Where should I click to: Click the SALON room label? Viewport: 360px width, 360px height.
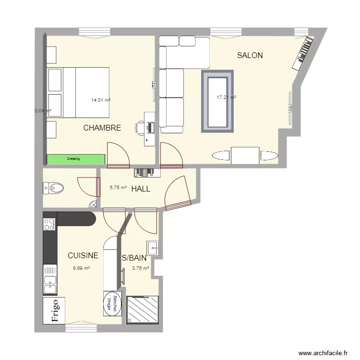(250, 56)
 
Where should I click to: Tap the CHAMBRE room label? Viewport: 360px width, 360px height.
(102, 128)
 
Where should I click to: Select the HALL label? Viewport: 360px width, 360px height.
(141, 189)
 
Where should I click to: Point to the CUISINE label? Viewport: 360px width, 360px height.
(83, 256)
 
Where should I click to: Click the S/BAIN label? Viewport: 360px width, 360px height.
(134, 258)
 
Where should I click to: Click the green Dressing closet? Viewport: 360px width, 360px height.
(75, 159)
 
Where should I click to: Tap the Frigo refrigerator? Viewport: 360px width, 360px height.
(54, 311)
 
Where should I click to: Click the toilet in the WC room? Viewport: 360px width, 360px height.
(53, 188)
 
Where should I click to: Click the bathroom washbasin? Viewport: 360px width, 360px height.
(154, 248)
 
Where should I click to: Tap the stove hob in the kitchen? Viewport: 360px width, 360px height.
(49, 223)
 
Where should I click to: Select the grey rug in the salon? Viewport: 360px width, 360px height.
(217, 101)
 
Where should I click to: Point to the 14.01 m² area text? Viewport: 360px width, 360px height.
(101, 100)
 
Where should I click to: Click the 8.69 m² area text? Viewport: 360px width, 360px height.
(81, 269)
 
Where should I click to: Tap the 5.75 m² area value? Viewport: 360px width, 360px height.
(118, 188)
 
